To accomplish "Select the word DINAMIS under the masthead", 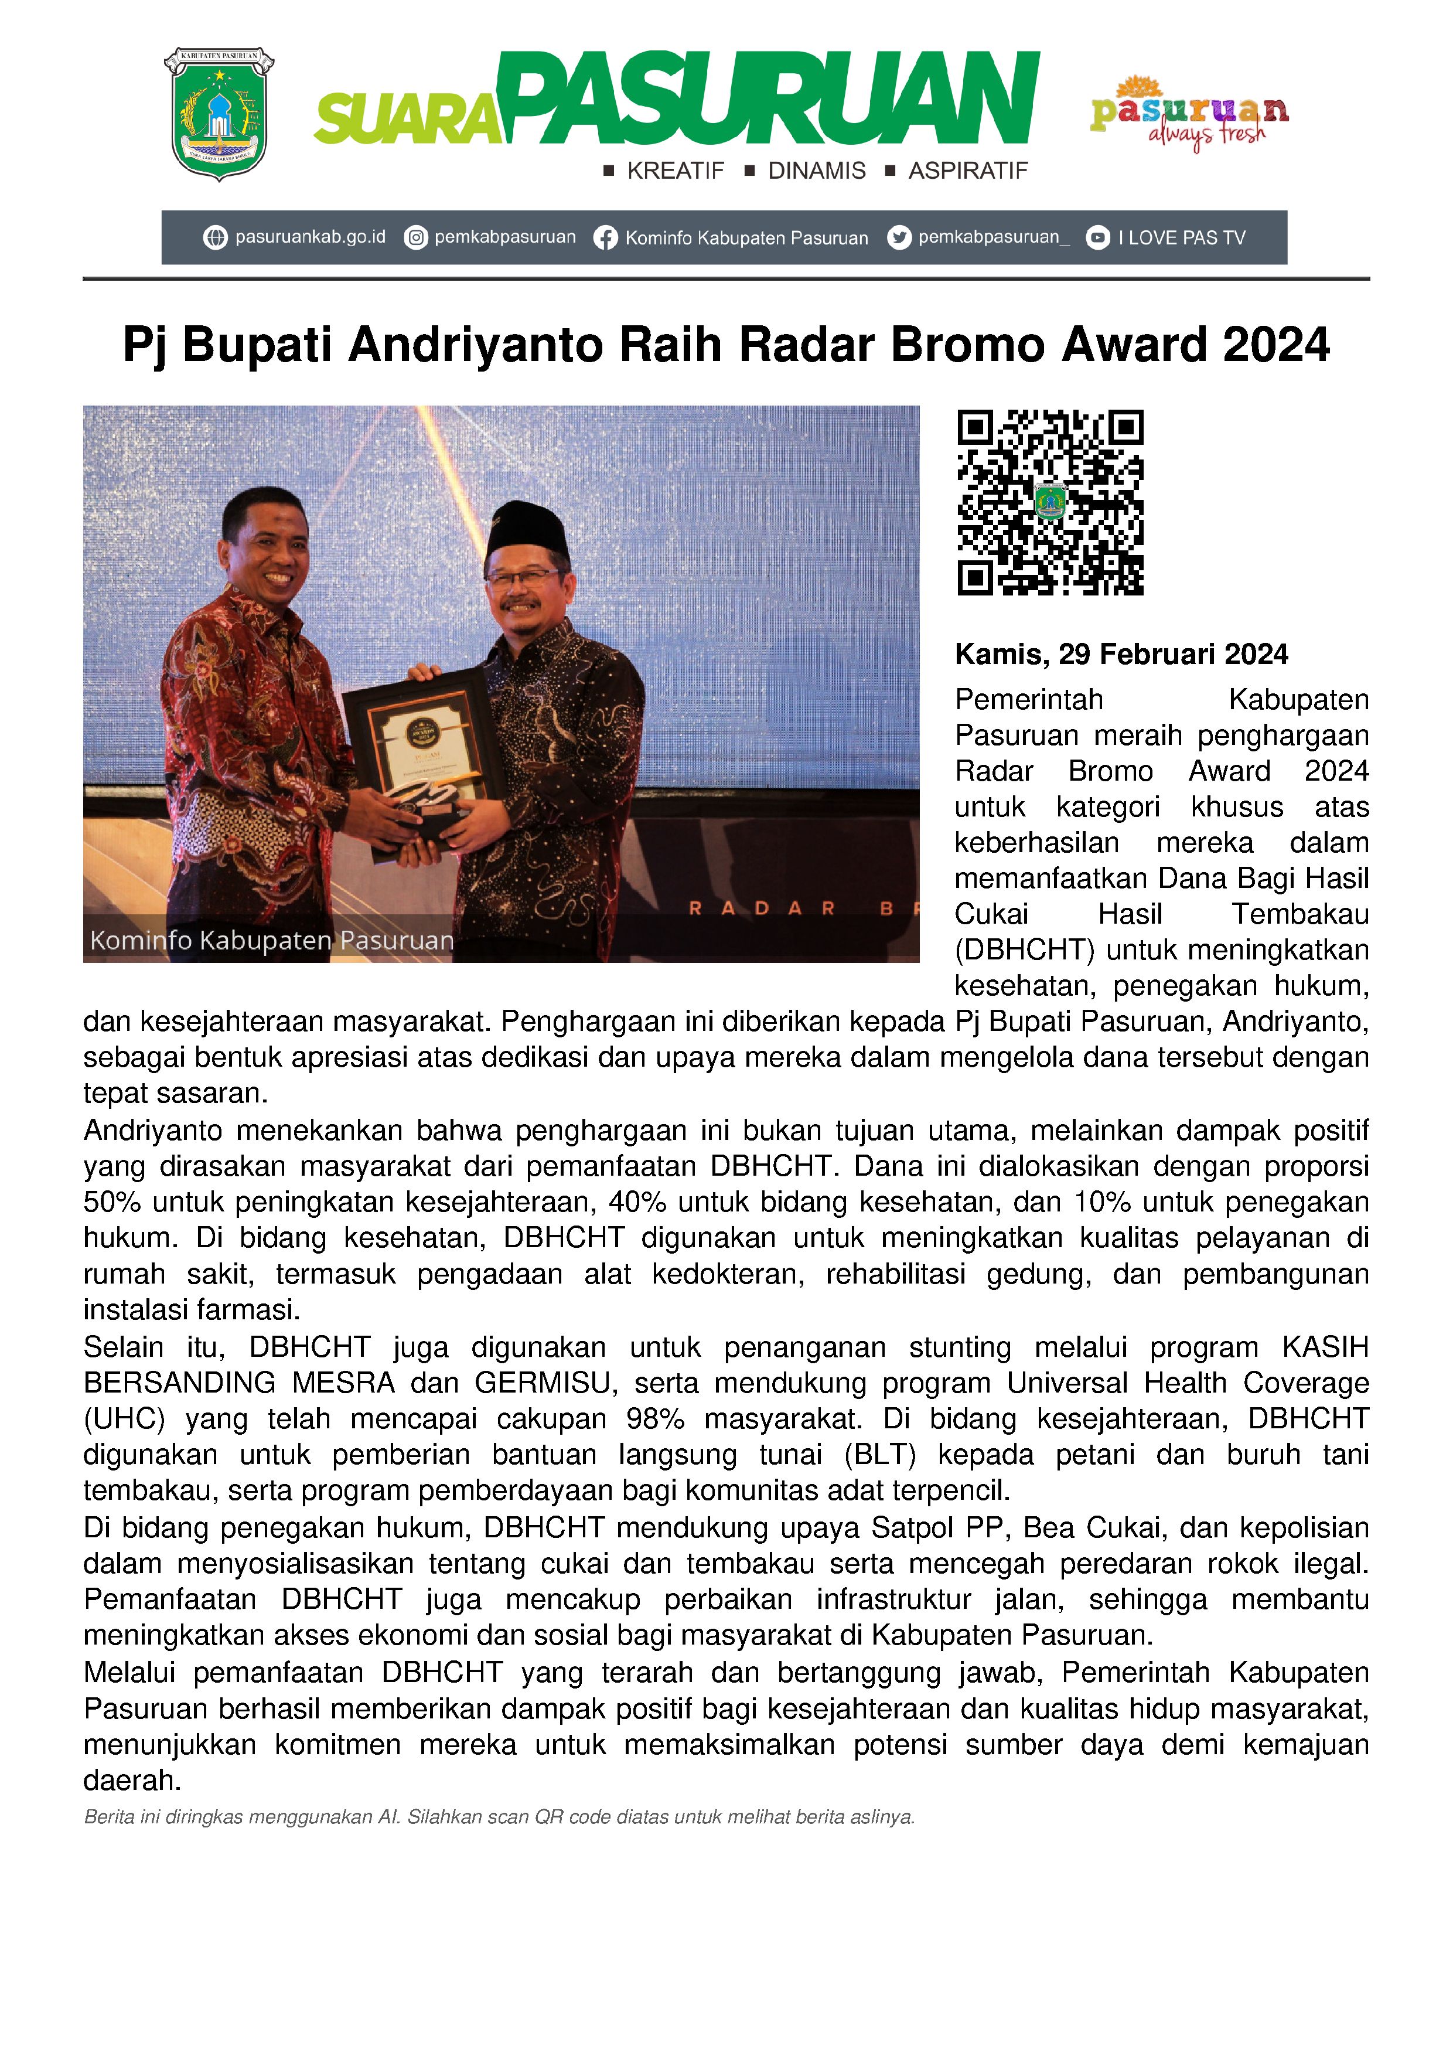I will click(817, 171).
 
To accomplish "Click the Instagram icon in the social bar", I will click(415, 237).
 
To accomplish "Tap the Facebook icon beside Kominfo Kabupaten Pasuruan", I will click(605, 238).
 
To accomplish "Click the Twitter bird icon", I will click(899, 237).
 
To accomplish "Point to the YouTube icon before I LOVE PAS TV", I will click(1097, 237).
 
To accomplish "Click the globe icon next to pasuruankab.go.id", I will click(215, 237).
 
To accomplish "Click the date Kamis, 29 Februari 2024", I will click(1121, 655).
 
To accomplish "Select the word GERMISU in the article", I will click(546, 1384).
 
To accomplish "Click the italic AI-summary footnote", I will click(499, 1818).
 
